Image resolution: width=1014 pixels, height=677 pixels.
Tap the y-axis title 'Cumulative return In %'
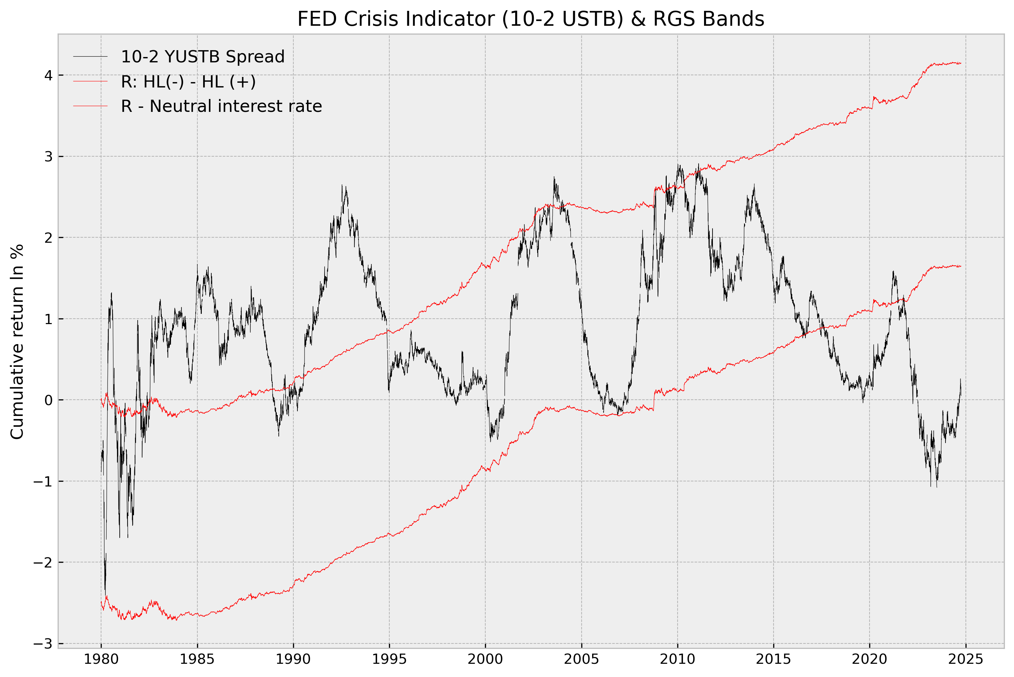point(17,342)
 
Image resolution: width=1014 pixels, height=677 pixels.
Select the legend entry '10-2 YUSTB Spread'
point(202,57)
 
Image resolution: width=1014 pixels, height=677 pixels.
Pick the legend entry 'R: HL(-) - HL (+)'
point(188,82)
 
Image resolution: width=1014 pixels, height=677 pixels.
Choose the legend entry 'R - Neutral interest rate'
point(221,106)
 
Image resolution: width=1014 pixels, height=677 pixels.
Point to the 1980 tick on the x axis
point(101,659)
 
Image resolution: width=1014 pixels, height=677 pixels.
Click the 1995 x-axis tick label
point(389,659)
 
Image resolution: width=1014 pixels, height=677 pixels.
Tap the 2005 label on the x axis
point(581,659)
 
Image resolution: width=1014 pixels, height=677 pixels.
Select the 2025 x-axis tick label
point(966,659)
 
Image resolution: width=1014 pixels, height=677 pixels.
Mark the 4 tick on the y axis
point(48,75)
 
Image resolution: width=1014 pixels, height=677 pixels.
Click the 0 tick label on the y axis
point(48,400)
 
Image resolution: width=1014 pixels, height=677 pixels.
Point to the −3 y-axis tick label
point(43,644)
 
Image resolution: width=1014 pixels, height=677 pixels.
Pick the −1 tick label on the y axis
point(43,481)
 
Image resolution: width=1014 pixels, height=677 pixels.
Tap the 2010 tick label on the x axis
point(678,659)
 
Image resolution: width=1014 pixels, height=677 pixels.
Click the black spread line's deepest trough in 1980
point(105,594)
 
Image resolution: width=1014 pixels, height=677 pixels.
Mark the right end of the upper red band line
point(961,63)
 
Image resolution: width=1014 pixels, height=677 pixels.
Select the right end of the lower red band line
point(961,266)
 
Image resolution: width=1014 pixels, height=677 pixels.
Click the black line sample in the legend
point(90,57)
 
